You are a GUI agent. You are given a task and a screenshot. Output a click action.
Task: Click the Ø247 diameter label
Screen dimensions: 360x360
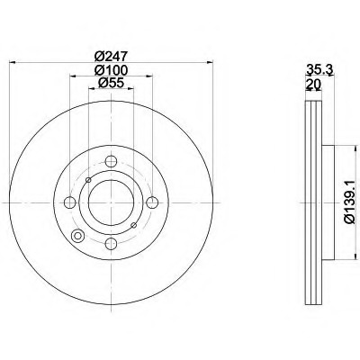111,56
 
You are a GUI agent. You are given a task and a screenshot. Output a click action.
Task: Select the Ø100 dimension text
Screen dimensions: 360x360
111,70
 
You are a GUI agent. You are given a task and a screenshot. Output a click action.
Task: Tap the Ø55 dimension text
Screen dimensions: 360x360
111,83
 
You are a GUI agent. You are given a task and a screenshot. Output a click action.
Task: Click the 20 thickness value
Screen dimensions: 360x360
313,85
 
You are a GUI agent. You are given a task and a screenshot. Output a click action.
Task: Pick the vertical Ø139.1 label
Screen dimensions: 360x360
350,202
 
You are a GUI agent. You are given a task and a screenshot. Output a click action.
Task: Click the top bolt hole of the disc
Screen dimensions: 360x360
111,161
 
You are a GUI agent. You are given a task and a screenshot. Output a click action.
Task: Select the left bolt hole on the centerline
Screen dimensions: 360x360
70,202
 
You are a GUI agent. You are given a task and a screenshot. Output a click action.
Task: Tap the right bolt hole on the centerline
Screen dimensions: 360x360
152,202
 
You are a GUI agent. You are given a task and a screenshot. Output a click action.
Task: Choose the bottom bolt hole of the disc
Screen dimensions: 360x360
111,244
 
